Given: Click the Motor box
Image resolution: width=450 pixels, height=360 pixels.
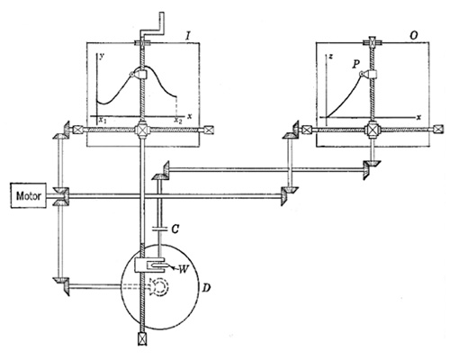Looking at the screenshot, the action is [x=29, y=195].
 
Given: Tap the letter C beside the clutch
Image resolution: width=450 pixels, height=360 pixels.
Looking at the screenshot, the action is [x=175, y=229].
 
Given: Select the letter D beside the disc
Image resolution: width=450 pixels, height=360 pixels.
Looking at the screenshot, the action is [x=206, y=288].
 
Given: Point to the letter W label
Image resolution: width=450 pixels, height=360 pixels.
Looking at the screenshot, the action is [x=184, y=269].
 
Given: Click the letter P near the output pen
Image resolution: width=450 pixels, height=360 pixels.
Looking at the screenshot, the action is [x=356, y=64].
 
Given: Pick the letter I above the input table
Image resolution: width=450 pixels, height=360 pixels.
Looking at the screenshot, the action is [x=188, y=36].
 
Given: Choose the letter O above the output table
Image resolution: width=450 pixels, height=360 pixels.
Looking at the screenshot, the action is [x=413, y=36].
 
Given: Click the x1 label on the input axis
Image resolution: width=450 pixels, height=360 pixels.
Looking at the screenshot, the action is [x=103, y=121].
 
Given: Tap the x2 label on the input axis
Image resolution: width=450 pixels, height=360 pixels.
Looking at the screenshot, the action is [x=178, y=121].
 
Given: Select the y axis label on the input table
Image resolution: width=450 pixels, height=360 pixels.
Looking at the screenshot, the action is [x=102, y=57].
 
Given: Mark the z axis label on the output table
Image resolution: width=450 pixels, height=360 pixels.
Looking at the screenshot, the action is [x=330, y=57].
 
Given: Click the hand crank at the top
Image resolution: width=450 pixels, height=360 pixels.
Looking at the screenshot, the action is [x=152, y=24].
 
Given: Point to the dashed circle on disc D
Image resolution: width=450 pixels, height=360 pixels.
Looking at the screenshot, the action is [x=159, y=287].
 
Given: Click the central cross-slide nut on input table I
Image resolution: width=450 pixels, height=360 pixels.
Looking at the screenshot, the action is [x=141, y=130].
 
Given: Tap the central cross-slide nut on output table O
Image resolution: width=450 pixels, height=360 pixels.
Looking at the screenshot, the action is [x=373, y=130].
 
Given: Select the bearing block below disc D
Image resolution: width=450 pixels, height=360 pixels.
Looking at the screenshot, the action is [x=142, y=339].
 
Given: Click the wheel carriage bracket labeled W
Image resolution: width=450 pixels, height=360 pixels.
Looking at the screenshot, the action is [x=149, y=265].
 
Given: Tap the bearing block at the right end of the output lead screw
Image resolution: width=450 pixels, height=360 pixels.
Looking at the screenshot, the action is [x=438, y=130].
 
